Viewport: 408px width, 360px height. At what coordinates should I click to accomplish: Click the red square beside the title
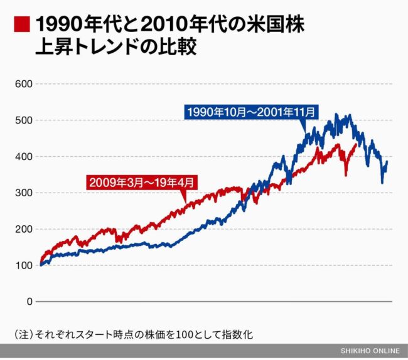click(x=22, y=24)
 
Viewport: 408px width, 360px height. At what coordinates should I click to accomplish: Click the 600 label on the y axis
click(x=24, y=84)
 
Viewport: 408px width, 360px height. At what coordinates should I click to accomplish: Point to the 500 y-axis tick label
click(x=24, y=120)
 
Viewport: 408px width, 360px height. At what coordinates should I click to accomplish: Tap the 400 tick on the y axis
click(x=24, y=156)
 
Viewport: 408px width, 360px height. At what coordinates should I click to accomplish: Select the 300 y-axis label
click(x=24, y=193)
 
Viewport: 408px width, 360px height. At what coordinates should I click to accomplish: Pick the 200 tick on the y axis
click(x=24, y=230)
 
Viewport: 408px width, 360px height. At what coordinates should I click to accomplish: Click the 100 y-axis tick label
click(x=24, y=265)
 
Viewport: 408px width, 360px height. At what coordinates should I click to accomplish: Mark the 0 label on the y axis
click(x=30, y=302)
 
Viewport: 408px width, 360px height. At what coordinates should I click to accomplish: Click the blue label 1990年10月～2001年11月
click(x=251, y=112)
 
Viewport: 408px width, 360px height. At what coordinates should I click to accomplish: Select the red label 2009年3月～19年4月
click(x=142, y=183)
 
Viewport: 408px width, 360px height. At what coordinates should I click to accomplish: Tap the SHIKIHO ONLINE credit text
click(x=370, y=351)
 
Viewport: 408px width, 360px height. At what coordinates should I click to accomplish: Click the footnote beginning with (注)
click(x=134, y=334)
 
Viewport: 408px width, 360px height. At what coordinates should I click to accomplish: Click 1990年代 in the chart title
click(x=73, y=24)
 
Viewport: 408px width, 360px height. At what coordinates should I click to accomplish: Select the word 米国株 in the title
click(x=276, y=24)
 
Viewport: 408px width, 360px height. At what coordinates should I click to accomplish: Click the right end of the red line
click(x=357, y=144)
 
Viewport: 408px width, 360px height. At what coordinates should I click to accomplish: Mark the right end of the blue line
click(x=387, y=162)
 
